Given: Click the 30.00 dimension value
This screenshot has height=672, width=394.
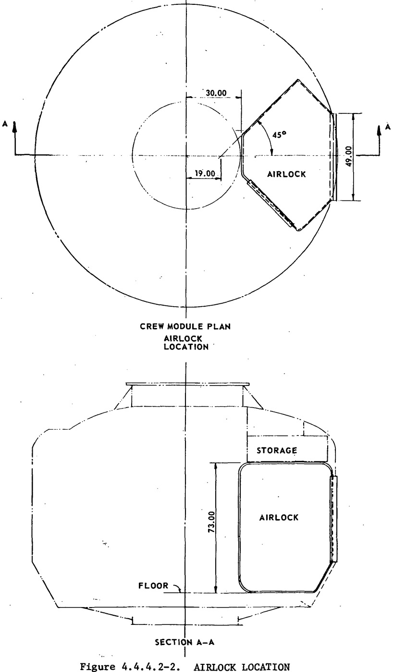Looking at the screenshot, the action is (x=216, y=93).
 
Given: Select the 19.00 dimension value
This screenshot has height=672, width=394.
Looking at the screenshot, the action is (x=205, y=174).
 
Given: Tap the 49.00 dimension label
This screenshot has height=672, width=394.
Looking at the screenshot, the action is (x=349, y=156).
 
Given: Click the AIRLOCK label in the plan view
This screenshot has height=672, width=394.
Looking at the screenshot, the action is (x=286, y=174).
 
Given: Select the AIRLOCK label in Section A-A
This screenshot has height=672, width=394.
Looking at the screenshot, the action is (x=279, y=517).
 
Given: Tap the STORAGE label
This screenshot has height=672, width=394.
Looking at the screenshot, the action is (x=277, y=450).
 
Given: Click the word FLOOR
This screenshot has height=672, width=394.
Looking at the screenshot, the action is (x=153, y=585).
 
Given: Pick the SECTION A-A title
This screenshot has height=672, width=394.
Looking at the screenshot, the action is (x=185, y=642).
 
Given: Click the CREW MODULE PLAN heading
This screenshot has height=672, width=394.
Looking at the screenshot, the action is (x=185, y=326).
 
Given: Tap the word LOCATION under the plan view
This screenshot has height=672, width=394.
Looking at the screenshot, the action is (x=186, y=347).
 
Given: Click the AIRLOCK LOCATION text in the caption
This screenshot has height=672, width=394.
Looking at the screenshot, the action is (x=242, y=667).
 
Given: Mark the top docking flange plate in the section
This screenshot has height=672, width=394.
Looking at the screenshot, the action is (x=187, y=384).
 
